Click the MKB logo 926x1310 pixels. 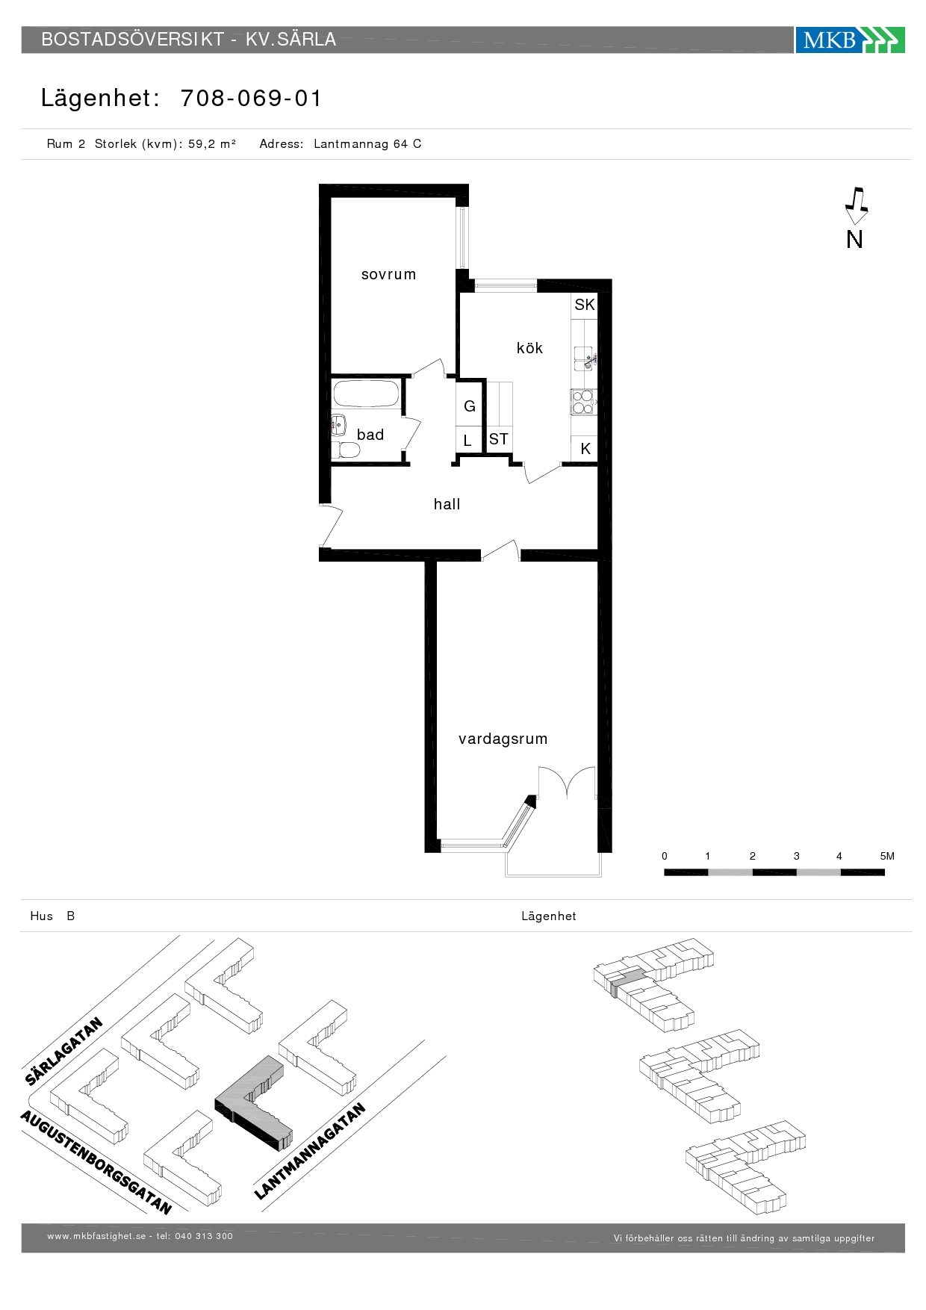[850, 40]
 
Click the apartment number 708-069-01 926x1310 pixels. [251, 98]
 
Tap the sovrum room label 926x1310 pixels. [388, 274]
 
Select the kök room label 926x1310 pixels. [529, 347]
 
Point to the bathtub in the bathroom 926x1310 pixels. [366, 394]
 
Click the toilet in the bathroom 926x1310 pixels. [346, 450]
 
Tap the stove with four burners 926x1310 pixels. [583, 402]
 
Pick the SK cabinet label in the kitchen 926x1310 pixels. [584, 305]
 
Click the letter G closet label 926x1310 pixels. [470, 406]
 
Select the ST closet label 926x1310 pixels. [499, 439]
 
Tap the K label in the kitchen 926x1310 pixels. [585, 449]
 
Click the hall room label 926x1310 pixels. [447, 504]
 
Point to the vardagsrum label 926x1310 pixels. [503, 739]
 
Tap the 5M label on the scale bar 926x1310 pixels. [887, 856]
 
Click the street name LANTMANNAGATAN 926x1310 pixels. [309, 1151]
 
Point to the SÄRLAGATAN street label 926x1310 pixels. [63, 1051]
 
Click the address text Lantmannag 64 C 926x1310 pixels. [367, 144]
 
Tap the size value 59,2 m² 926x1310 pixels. [212, 144]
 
